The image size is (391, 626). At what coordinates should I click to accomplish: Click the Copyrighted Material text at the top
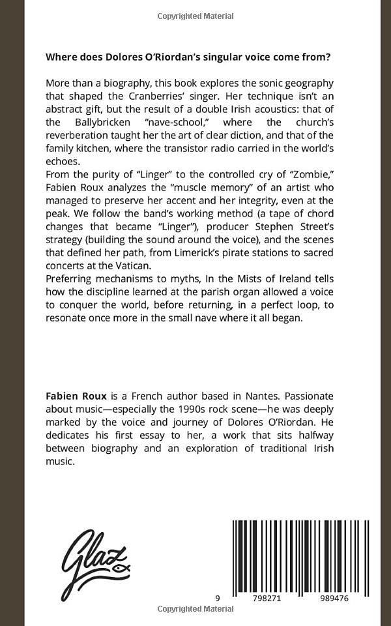point(195,15)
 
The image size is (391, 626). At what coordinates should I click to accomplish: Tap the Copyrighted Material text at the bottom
point(195,609)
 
